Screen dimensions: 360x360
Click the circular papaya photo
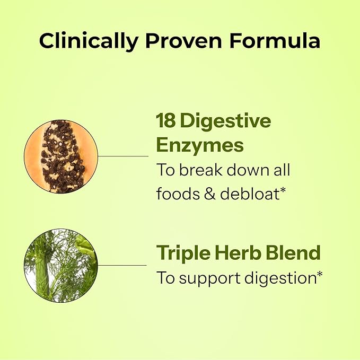(x=61, y=156)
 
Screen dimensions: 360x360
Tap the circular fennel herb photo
(x=61, y=265)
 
